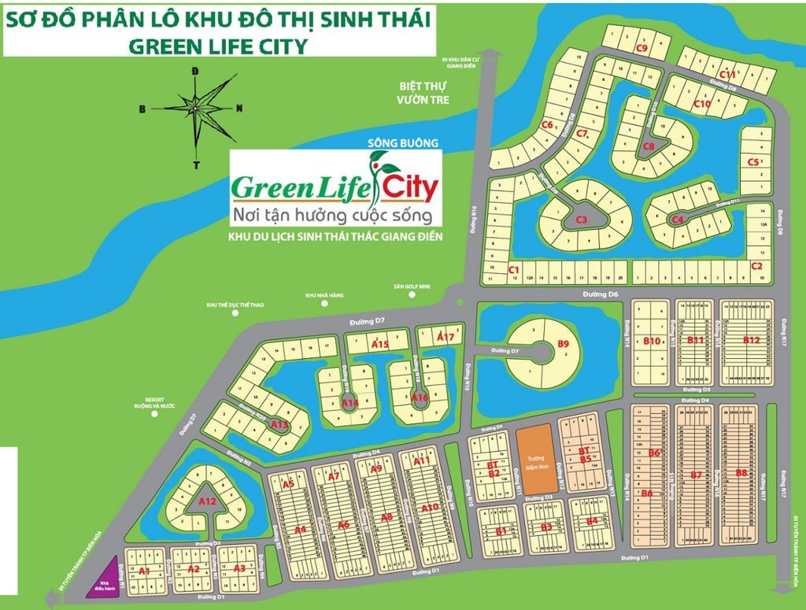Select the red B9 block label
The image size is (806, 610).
click(x=563, y=343)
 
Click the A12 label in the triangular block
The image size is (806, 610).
click(x=207, y=501)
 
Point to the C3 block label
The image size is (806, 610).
click(x=582, y=220)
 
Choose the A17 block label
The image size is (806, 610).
click(x=446, y=338)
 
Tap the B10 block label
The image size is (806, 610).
click(x=651, y=341)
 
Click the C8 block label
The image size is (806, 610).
click(x=649, y=146)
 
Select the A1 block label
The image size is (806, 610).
click(x=143, y=570)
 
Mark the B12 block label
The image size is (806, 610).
click(x=750, y=340)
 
